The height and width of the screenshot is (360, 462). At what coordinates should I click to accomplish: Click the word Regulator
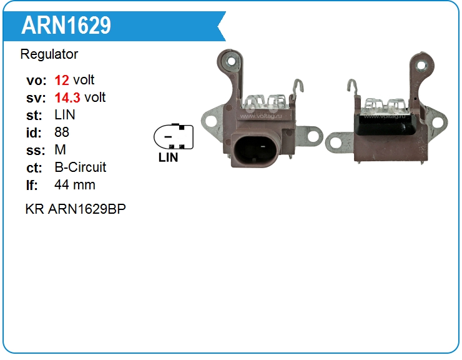pos(49,54)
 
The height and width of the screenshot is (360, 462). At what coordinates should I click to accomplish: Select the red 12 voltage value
pos(62,80)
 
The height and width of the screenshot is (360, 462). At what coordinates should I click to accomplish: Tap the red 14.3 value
pos(67,97)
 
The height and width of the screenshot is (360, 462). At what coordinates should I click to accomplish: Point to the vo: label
pos(36,80)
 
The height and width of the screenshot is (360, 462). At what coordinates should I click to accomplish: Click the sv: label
pos(36,97)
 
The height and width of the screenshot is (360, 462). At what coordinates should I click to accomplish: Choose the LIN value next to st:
pos(65,115)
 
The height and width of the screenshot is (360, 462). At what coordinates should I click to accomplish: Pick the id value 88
pos(62,132)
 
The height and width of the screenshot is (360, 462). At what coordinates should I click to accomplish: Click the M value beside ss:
pos(60,150)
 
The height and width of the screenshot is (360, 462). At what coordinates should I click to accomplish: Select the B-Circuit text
pos(81,167)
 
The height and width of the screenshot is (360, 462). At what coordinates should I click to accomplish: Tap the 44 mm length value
pos(75,185)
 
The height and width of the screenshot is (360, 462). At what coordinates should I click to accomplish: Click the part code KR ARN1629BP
pos(76,209)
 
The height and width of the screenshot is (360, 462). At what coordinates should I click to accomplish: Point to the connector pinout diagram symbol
pos(174,136)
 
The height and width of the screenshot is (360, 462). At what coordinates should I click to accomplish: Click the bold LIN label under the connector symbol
pos(169,157)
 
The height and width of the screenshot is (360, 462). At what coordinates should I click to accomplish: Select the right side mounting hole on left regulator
pos(313,135)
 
